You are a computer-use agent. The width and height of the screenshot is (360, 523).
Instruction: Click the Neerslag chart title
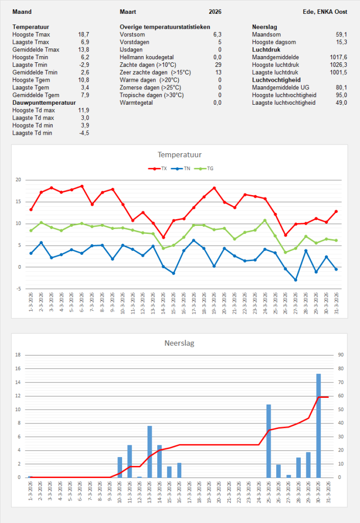pyautogui.click(x=180, y=343)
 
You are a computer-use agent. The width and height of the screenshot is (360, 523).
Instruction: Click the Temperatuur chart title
pyautogui.click(x=180, y=154)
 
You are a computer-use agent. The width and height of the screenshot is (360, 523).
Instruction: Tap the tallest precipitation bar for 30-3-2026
pyautogui.click(x=318, y=425)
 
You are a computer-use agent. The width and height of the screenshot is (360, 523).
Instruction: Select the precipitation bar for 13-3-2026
pyautogui.click(x=150, y=451)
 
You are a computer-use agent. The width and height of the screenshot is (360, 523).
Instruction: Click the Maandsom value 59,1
pyautogui.click(x=341, y=34)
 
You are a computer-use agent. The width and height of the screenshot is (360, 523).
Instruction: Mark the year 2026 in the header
pyautogui.click(x=215, y=12)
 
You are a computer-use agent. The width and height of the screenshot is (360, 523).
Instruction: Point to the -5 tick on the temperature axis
pyautogui.click(x=19, y=289)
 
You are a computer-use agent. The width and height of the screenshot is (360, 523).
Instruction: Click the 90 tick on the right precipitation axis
pyautogui.click(x=338, y=354)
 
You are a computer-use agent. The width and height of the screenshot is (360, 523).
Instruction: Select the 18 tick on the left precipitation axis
pyautogui.click(x=18, y=354)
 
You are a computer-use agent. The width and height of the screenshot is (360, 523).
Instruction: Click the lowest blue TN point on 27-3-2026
pyautogui.click(x=296, y=280)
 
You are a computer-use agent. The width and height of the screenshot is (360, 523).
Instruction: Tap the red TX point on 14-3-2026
pyautogui.click(x=164, y=237)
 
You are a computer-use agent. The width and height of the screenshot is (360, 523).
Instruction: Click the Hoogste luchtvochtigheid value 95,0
pyautogui.click(x=341, y=95)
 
